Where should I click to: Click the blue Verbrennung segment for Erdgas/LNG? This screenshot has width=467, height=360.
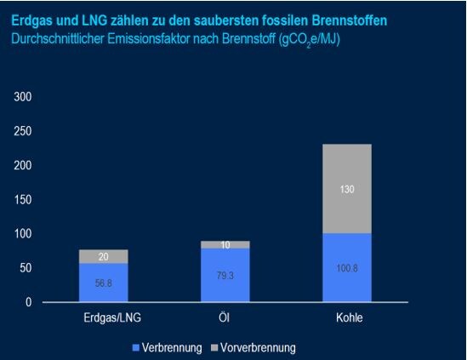pyautogui.click(x=103, y=283)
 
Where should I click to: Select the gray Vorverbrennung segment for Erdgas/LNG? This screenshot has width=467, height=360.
pyautogui.click(x=103, y=256)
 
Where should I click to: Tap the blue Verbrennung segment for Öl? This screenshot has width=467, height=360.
pyautogui.click(x=225, y=275)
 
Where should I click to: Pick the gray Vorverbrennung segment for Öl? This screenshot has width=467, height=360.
pyautogui.click(x=225, y=244)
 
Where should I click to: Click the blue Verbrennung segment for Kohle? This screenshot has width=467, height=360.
pyautogui.click(x=347, y=267)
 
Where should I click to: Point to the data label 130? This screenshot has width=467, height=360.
pyautogui.click(x=347, y=190)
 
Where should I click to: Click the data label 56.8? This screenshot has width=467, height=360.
pyautogui.click(x=103, y=282)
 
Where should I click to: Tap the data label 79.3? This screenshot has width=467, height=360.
pyautogui.click(x=225, y=274)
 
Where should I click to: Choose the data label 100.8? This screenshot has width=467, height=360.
pyautogui.click(x=347, y=267)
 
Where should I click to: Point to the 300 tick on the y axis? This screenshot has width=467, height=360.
pyautogui.click(x=23, y=97)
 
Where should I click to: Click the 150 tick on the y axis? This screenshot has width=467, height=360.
pyautogui.click(x=23, y=199)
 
